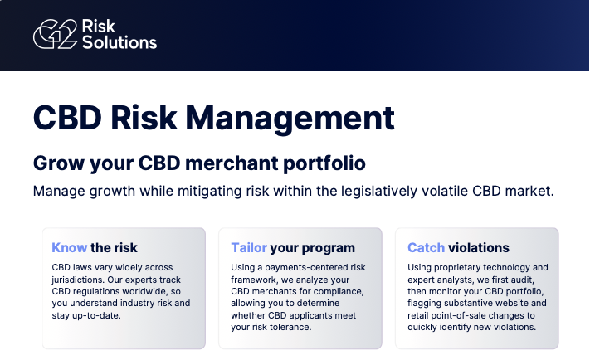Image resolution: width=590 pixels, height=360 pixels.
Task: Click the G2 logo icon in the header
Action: (54, 35)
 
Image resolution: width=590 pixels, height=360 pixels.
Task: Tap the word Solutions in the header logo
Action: (119, 42)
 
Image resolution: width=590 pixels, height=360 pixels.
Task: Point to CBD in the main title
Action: (66, 118)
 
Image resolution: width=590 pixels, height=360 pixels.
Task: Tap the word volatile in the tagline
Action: (451, 191)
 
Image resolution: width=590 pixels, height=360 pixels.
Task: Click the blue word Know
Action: (70, 247)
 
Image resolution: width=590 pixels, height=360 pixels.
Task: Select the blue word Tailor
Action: (249, 247)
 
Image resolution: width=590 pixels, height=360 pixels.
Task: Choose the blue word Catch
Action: (426, 247)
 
